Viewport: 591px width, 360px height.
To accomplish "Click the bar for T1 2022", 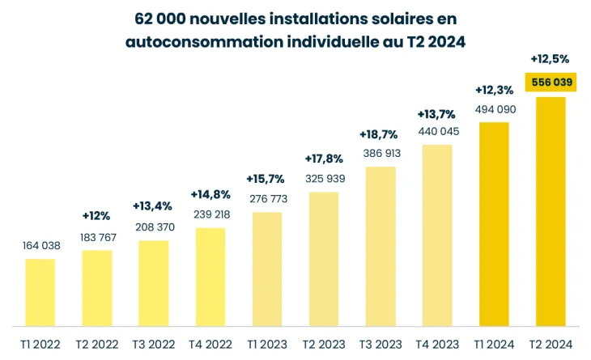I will point(40,292).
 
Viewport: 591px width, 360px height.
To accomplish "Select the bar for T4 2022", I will point(210,277).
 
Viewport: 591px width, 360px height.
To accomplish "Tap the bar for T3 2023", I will point(381,246).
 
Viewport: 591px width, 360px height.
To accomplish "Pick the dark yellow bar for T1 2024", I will point(494,224).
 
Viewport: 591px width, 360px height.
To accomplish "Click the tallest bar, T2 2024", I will point(551,211).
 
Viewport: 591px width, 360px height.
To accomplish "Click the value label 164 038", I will point(40,245).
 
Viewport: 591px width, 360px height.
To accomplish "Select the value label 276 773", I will point(267,198).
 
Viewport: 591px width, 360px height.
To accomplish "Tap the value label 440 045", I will point(438,131).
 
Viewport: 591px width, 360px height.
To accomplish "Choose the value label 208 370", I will point(154,227).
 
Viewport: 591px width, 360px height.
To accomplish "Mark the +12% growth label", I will point(96,216).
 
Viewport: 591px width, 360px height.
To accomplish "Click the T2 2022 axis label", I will point(97,344).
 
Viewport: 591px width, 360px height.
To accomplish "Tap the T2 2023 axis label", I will point(324,344).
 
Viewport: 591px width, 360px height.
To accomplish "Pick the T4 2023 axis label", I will point(438,344).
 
